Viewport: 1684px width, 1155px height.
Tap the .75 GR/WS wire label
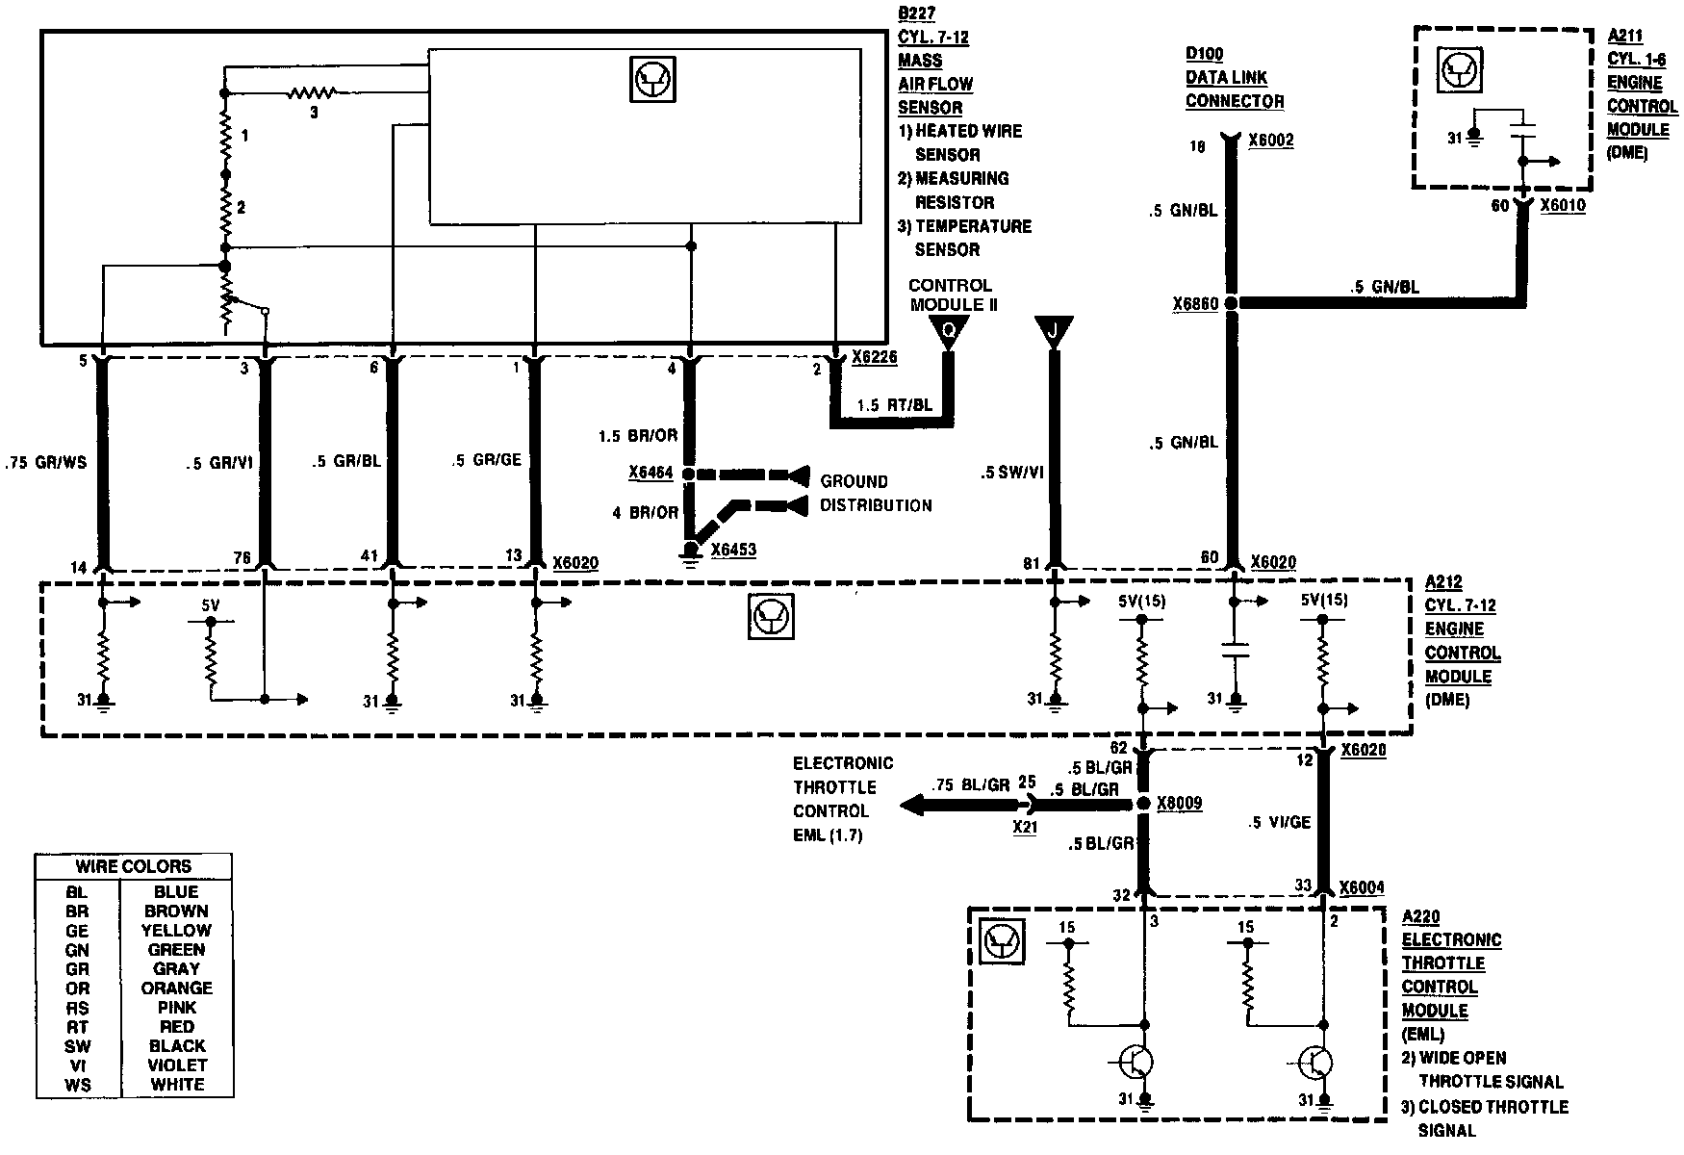(x=45, y=462)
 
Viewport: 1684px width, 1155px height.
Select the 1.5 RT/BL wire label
(x=894, y=405)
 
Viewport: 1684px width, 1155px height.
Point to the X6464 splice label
(x=651, y=474)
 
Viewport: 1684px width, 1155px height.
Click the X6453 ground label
(x=733, y=550)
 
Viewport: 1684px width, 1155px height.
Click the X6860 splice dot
(x=1233, y=303)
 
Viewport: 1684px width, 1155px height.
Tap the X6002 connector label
(x=1270, y=141)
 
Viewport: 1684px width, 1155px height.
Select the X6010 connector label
(x=1563, y=205)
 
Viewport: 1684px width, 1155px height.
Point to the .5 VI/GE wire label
(x=1279, y=823)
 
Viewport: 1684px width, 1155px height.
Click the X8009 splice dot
(x=1143, y=804)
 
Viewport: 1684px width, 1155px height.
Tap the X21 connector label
(x=1025, y=826)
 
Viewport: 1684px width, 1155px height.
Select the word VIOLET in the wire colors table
(x=177, y=1065)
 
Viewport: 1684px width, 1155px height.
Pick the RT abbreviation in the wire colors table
(x=78, y=1027)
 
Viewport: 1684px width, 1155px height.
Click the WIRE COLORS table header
(x=133, y=866)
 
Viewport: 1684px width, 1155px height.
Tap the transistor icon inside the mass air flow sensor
(x=652, y=79)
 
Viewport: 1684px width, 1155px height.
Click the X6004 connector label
(x=1362, y=888)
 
